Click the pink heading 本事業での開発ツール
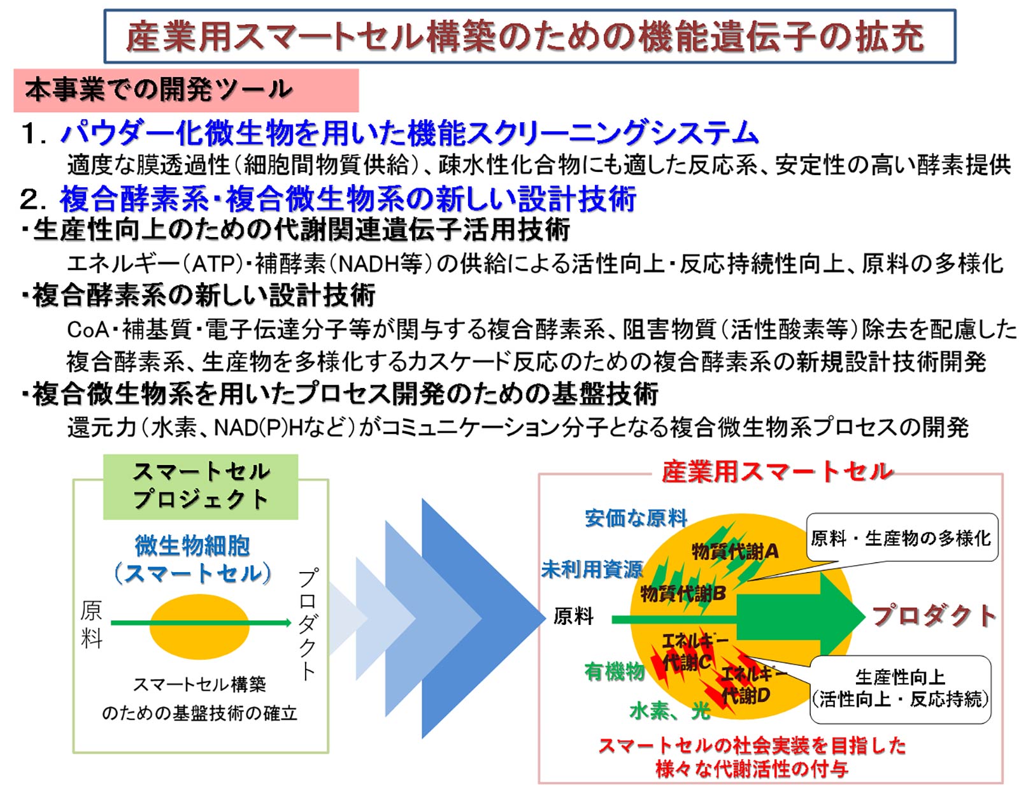point(186,90)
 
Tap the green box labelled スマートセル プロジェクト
point(200,487)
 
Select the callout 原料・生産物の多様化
point(902,538)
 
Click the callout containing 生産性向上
point(901,689)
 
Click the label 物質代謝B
point(683,593)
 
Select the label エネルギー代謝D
point(752,684)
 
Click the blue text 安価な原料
point(636,519)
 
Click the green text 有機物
point(615,671)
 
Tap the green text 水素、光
point(670,711)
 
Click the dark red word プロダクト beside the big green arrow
point(934,616)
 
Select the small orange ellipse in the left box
point(199,627)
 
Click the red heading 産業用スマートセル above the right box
point(777,471)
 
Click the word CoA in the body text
point(88,330)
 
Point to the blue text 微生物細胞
point(192,546)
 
